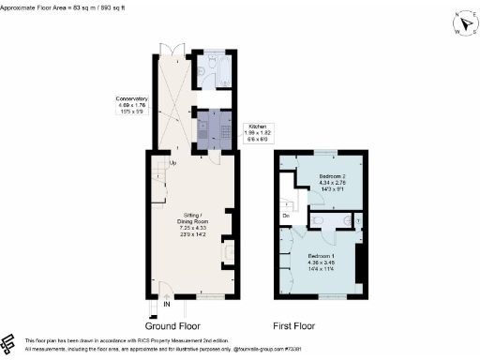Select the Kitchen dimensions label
(x=257, y=133)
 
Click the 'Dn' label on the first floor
(x=286, y=215)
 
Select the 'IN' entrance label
(x=166, y=305)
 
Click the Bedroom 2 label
(x=333, y=182)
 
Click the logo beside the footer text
(x=8, y=343)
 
